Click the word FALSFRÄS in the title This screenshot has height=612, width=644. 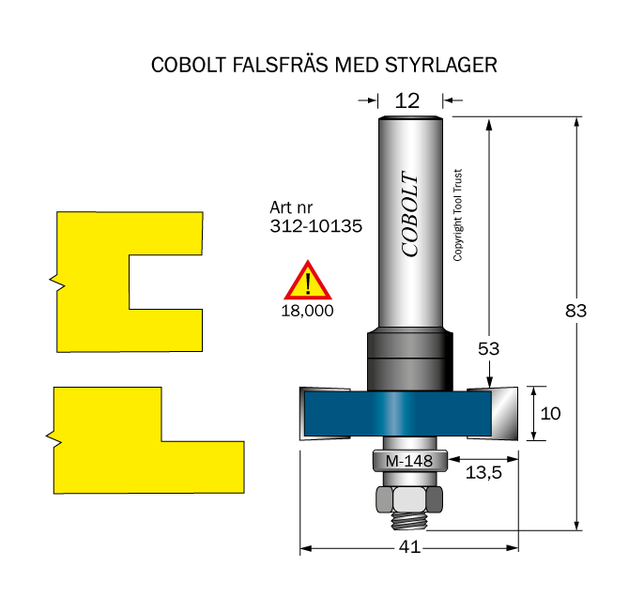281,65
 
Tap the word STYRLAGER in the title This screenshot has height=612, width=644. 441,65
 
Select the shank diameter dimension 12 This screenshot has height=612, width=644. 407,101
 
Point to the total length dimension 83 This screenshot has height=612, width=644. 575,311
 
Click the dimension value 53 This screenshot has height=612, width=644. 488,349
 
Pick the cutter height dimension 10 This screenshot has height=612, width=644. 550,414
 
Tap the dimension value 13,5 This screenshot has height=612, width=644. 483,473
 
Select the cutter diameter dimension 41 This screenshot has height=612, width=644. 409,547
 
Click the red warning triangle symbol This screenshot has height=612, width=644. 308,281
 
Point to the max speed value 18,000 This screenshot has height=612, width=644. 307,311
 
